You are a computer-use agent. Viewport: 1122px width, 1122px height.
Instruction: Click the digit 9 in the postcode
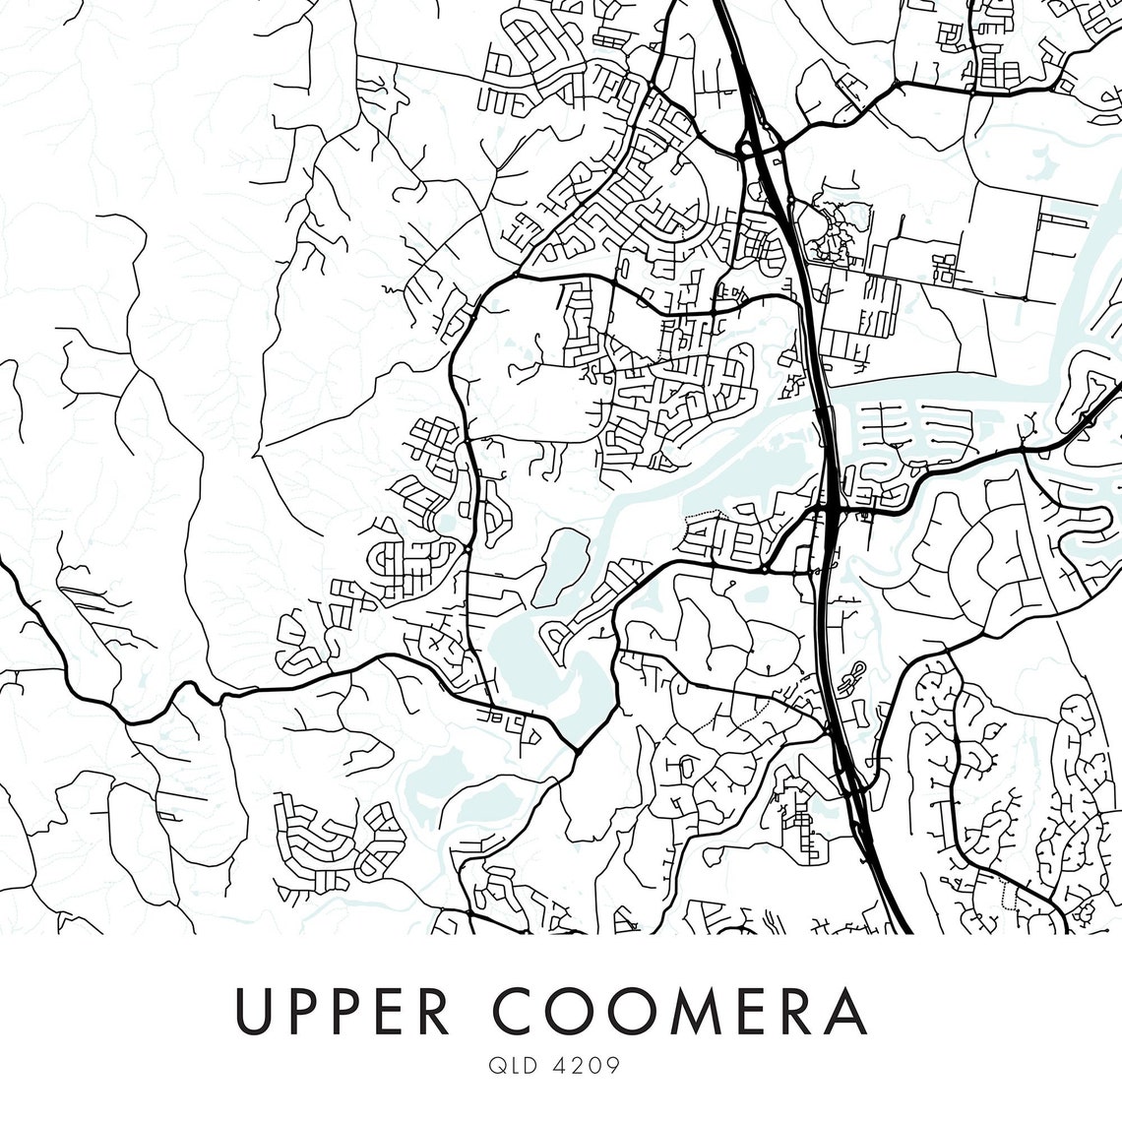click(x=612, y=1067)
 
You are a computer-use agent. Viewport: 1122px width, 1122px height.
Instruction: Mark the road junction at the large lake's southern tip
click(x=576, y=750)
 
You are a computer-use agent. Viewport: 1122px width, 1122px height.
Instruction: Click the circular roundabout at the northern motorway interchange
click(x=745, y=151)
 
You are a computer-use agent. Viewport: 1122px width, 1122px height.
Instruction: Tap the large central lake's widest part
click(x=522, y=654)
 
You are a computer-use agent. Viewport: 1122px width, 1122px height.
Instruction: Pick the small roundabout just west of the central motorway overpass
click(x=764, y=569)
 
